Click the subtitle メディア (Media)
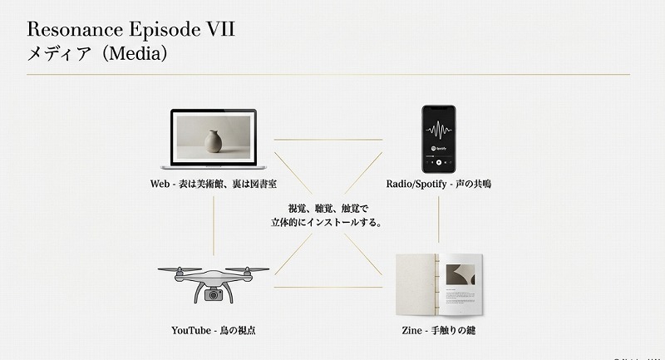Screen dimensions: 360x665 click(98, 56)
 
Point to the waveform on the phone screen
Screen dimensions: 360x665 click(438, 131)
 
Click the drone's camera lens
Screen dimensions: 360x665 click(214, 294)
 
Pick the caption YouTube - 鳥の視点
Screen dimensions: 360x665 click(213, 330)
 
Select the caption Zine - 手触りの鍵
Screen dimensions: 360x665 click(438, 330)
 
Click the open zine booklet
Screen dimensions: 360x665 click(438, 284)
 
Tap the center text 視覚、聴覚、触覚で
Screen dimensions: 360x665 click(326, 209)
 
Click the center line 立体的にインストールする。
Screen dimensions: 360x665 click(326, 223)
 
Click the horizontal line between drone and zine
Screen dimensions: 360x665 click(327, 287)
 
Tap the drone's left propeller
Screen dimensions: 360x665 click(176, 268)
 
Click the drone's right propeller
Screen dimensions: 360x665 click(250, 268)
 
